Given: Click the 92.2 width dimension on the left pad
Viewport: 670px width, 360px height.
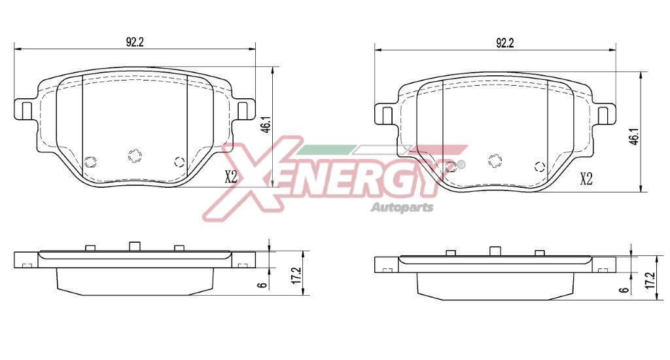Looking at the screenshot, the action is (134, 42).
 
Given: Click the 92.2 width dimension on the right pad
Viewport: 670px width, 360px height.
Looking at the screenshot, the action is (504, 43).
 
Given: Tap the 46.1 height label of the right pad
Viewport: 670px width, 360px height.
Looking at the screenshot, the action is (634, 136).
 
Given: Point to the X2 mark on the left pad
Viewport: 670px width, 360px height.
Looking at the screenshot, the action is (231, 176).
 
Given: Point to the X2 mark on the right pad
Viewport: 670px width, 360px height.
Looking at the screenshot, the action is (586, 179).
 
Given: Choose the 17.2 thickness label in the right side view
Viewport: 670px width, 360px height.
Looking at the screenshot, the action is (650, 281).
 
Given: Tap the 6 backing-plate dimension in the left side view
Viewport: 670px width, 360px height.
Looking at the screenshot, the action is (264, 284).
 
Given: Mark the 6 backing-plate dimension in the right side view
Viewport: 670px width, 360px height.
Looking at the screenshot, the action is (625, 290).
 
